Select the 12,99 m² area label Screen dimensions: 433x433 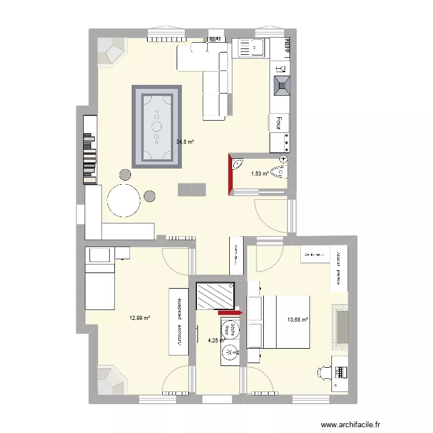[140, 318]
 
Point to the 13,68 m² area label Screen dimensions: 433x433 [298, 319]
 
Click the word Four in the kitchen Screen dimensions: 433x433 [279, 122]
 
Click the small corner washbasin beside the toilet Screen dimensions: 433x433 [237, 164]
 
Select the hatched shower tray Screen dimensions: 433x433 [215, 296]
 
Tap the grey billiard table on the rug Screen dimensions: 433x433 [157, 126]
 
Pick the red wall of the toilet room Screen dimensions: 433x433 [230, 174]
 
